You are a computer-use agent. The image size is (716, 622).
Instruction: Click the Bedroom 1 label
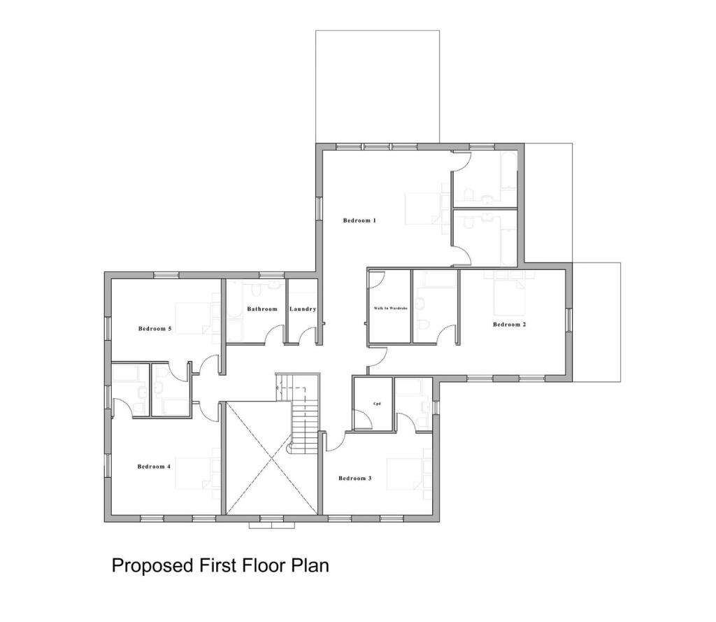[359, 220]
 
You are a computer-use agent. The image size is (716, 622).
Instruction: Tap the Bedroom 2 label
[509, 324]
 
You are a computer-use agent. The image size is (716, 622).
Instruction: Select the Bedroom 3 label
[355, 479]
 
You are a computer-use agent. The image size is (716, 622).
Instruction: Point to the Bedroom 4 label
[154, 467]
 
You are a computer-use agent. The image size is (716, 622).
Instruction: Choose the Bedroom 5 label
[155, 328]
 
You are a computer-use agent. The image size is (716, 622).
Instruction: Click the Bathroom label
[262, 309]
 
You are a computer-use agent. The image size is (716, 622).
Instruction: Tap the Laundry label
[303, 309]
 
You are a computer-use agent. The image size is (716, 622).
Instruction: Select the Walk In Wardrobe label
[390, 308]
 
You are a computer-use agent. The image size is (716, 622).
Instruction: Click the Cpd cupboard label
[376, 404]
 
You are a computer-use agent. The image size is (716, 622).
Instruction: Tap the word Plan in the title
[310, 565]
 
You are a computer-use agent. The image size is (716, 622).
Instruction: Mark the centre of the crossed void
[270, 458]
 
